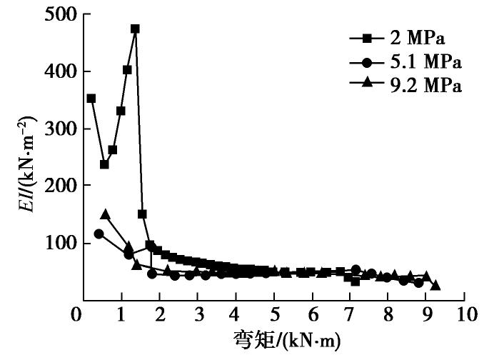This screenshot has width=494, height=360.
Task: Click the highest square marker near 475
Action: point(135,29)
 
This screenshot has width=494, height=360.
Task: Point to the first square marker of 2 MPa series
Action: point(91,98)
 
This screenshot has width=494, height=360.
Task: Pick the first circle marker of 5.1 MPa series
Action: point(99,234)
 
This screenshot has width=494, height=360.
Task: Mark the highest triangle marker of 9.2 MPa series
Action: point(106,214)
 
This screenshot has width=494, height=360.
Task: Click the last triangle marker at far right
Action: point(435,285)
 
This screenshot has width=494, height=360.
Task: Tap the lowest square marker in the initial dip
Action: point(104,164)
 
